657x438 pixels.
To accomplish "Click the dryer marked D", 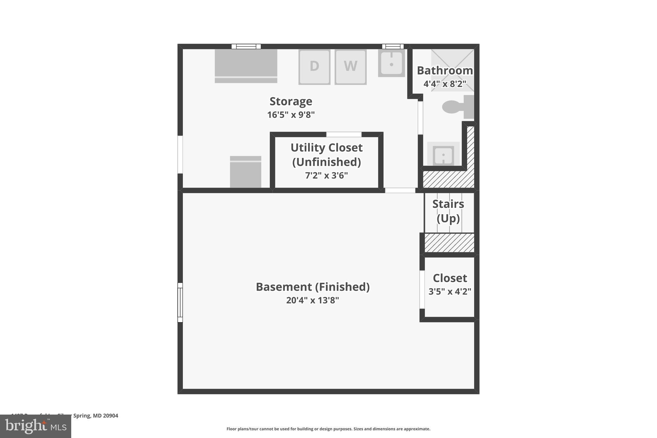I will coord(314,66).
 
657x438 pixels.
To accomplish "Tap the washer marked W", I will coord(350,66).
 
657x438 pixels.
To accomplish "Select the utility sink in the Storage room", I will coord(391,63).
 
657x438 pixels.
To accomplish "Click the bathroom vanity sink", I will coord(443,155).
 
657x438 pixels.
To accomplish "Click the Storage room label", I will coord(291,101).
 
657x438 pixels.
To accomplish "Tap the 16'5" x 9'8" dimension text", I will coord(291,115).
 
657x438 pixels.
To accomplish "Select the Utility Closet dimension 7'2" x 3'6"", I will coord(326,176).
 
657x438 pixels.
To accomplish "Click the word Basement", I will coord(284,287).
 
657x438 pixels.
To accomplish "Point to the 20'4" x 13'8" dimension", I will coord(312,300).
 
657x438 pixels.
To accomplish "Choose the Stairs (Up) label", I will coord(448,211).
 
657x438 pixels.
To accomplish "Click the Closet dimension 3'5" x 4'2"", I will coord(450,291).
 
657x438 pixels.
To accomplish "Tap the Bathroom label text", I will coord(445,71).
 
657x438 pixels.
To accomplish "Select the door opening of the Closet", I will coord(422,289).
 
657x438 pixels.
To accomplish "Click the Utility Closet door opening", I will coord(344,134).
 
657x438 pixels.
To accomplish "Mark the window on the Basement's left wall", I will coord(180,302).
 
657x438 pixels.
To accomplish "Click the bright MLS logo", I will coord(36,426).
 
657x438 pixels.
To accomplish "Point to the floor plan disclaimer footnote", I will coord(328,429).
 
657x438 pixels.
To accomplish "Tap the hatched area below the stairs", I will coord(449,243).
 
